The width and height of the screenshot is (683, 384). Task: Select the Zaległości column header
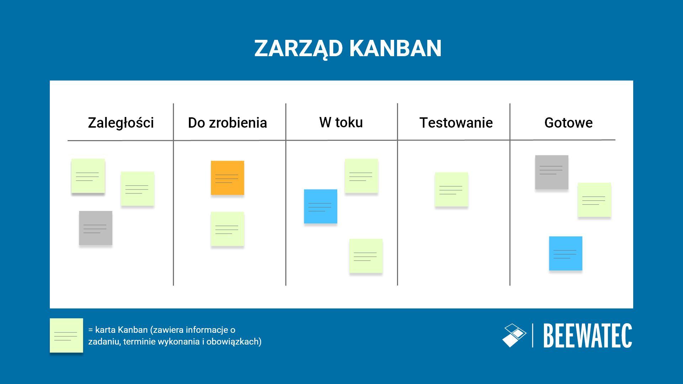(121, 123)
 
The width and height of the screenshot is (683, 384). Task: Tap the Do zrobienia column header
(227, 123)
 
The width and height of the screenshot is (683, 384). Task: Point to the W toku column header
(341, 122)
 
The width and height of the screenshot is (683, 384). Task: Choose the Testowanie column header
(456, 123)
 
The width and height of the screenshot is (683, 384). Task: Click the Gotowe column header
(568, 123)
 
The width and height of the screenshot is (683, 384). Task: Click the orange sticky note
(227, 178)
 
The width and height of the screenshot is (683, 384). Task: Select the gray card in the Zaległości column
(95, 228)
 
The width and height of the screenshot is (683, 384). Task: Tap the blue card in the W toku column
(320, 206)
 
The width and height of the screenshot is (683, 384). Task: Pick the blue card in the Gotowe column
(565, 253)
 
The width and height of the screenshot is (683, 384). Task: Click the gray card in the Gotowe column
(551, 172)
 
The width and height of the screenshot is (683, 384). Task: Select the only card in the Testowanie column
(451, 189)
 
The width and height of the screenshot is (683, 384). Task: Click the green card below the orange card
(227, 229)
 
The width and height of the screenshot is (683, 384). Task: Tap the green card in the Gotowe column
(594, 200)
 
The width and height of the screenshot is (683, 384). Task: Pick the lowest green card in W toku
(365, 256)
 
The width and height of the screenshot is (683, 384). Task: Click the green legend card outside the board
(66, 335)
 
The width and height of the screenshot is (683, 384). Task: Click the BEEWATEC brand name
(588, 336)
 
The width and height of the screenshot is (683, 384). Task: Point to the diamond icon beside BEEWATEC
(514, 335)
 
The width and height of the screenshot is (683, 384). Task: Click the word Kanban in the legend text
(132, 330)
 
